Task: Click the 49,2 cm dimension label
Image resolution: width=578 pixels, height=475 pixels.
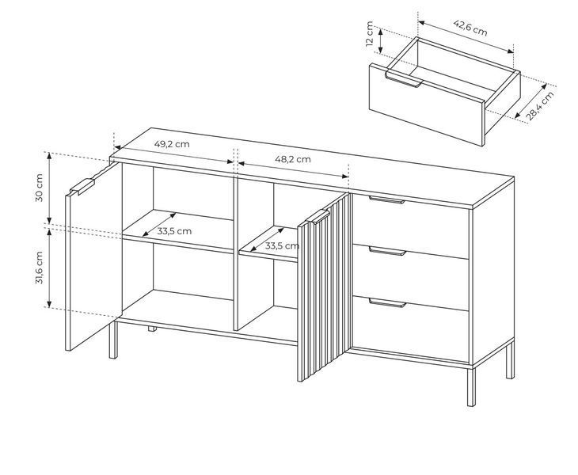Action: pyautogui.click(x=172, y=144)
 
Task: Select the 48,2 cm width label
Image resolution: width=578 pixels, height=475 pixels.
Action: pyautogui.click(x=293, y=159)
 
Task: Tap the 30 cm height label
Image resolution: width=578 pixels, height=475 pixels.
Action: pyautogui.click(x=39, y=188)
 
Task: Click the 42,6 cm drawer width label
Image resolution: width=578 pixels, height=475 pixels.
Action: pyautogui.click(x=470, y=28)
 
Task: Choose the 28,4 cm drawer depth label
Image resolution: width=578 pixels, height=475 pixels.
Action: pyautogui.click(x=540, y=106)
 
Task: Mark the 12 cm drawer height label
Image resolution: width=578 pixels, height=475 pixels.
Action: pyautogui.click(x=370, y=33)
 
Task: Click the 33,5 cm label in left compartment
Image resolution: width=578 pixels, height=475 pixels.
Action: pyautogui.click(x=174, y=231)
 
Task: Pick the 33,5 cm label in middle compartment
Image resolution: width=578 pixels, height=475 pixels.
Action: pyautogui.click(x=282, y=245)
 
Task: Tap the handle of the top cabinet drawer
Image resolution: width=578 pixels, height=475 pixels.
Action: pyautogui.click(x=386, y=200)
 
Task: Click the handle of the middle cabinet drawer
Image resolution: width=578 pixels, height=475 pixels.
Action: pyautogui.click(x=387, y=252)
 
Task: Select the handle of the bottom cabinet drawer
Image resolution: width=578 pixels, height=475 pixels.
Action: pyautogui.click(x=387, y=303)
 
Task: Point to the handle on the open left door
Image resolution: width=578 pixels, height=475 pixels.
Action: pyautogui.click(x=82, y=187)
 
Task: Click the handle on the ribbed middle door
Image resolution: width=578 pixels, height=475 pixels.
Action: pyautogui.click(x=317, y=217)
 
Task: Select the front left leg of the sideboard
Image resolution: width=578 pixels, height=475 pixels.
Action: pyautogui.click(x=113, y=340)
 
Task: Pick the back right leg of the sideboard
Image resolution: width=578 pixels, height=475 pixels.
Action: pyautogui.click(x=510, y=361)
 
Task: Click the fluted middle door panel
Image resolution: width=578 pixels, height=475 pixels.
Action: pyautogui.click(x=324, y=287)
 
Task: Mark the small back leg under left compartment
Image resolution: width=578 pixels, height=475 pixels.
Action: pyautogui.click(x=152, y=329)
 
